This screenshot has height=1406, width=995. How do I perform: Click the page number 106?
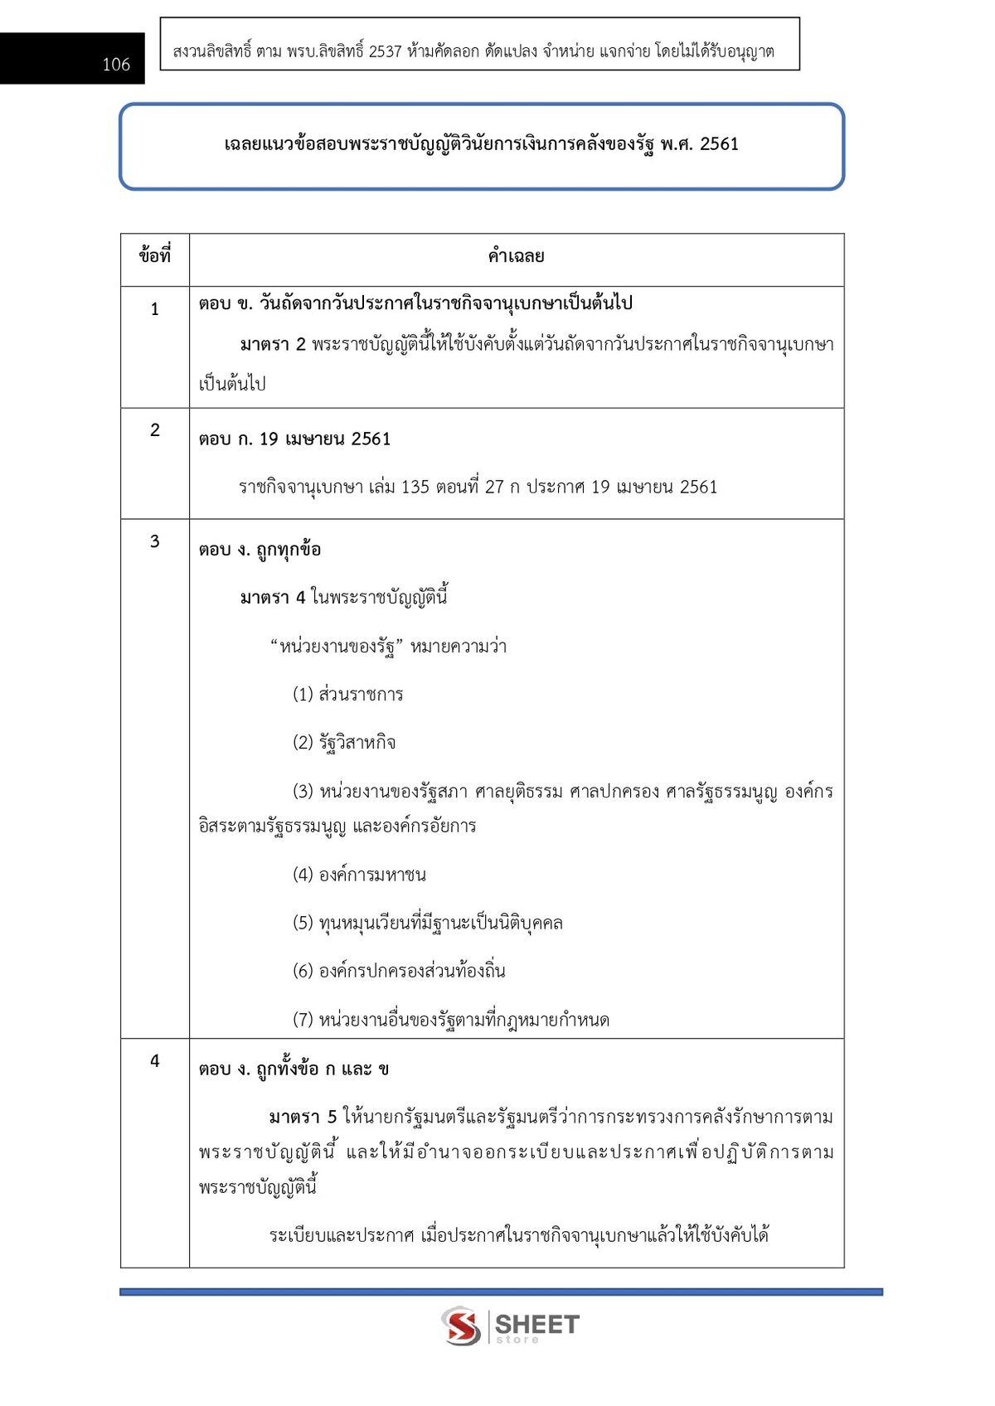[116, 65]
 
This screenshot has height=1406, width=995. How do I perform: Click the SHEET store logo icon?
[461, 1326]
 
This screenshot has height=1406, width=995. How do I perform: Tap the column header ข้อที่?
[155, 256]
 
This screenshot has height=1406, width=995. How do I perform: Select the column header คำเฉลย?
[516, 256]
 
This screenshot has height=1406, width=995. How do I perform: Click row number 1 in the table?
[155, 309]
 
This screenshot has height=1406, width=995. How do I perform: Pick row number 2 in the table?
[155, 429]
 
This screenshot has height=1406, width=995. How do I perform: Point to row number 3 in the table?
[155, 541]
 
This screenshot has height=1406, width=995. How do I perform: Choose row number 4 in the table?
[155, 1060]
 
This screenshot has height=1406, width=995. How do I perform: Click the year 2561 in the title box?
[719, 144]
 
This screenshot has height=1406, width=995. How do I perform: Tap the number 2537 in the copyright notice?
[385, 51]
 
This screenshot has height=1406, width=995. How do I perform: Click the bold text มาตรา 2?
[273, 344]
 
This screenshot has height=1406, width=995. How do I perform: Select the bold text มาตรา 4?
[273, 597]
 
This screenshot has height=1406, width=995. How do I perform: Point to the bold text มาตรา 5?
[303, 1117]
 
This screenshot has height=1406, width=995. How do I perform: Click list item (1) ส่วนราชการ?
[347, 694]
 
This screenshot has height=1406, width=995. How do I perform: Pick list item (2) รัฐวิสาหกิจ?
[344, 742]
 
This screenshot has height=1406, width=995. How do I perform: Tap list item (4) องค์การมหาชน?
[359, 875]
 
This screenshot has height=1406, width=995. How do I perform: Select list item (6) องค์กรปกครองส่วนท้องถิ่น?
[399, 971]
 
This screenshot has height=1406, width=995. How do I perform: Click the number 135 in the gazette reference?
[415, 487]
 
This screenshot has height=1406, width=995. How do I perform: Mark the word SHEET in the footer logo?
[536, 1324]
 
